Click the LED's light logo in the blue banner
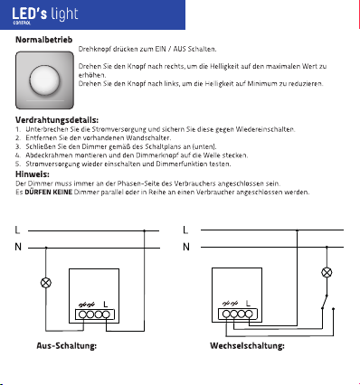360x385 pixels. pyautogui.click(x=45, y=15)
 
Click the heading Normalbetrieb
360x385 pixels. pyautogui.click(x=44, y=40)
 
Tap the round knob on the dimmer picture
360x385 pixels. pyautogui.click(x=44, y=80)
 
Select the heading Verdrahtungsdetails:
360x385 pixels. pyautogui.click(x=57, y=120)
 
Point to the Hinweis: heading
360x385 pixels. pyautogui.click(x=33, y=174)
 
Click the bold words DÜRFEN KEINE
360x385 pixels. pyautogui.click(x=48, y=192)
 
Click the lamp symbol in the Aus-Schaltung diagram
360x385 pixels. pyautogui.click(x=46, y=283)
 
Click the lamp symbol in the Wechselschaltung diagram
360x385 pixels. pyautogui.click(x=327, y=273)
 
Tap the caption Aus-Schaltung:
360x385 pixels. pyautogui.click(x=67, y=345)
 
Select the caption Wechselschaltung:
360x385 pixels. pyautogui.click(x=247, y=345)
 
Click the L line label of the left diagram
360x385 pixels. pyautogui.click(x=17, y=230)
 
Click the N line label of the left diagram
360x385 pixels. pyautogui.click(x=18, y=247)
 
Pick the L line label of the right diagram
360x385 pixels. pyautogui.click(x=185, y=230)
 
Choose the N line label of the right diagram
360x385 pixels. pyautogui.click(x=186, y=247)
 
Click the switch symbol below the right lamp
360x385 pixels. pyautogui.click(x=325, y=301)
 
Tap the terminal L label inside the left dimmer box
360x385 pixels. pyautogui.click(x=105, y=305)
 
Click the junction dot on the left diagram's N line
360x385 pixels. pyautogui.click(x=46, y=248)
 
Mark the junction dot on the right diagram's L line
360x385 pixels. pyautogui.click(x=297, y=230)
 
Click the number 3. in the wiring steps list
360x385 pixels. pyautogui.click(x=18, y=146)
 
